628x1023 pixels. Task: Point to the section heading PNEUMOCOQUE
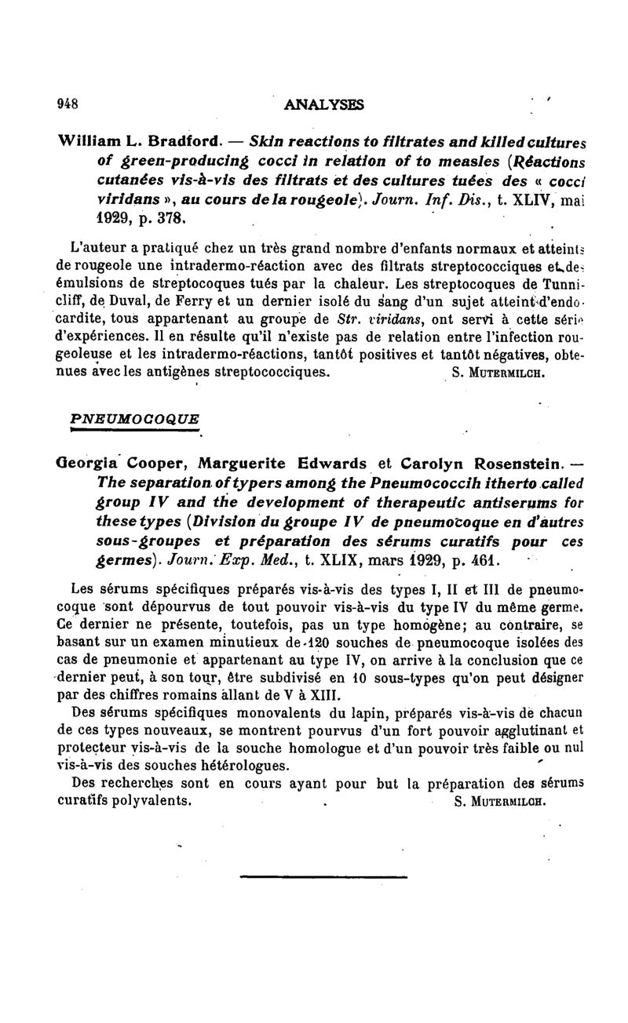tap(135, 418)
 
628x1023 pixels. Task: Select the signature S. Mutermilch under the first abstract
tap(498, 373)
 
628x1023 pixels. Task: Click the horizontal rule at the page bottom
tap(323, 876)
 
